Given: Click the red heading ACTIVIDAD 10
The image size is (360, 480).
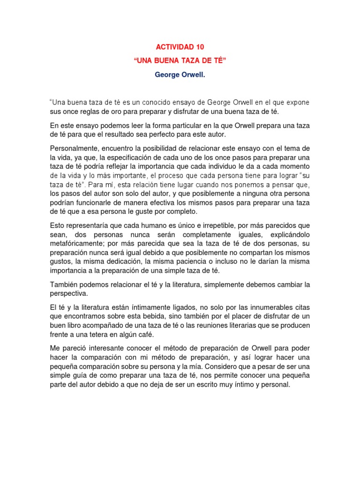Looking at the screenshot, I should tap(180, 47).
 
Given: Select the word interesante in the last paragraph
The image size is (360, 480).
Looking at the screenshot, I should tap(107, 348).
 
